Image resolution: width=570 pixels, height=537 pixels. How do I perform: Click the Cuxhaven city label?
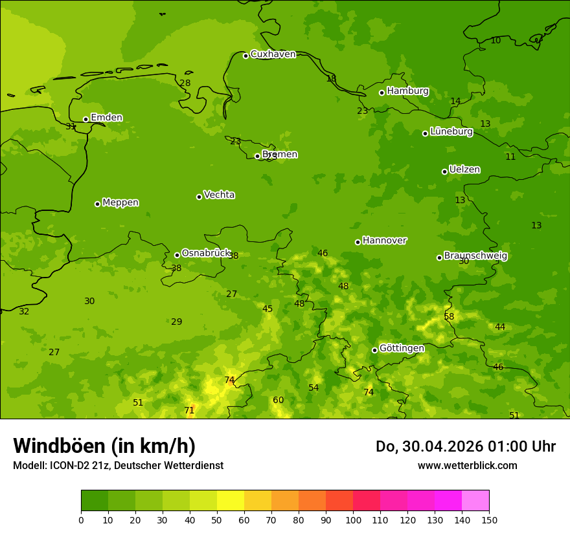pos(273,54)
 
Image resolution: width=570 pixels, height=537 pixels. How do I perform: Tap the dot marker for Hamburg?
pos(382,93)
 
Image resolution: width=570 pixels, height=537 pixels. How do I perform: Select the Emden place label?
pos(106,118)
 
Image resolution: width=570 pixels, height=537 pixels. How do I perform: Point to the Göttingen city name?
pos(402,349)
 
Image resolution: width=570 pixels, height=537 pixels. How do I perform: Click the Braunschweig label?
pos(475,256)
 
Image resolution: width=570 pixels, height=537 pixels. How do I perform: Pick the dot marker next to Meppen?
pos(97,204)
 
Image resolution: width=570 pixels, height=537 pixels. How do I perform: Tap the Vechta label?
pos(219,195)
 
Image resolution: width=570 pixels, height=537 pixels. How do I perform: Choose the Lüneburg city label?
pos(451,131)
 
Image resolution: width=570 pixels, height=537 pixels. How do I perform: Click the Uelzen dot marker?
pos(444,171)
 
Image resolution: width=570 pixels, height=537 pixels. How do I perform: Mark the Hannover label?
pos(384,241)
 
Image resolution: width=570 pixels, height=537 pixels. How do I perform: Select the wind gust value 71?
pos(189,411)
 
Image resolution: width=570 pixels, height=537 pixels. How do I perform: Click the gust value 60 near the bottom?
pos(278,400)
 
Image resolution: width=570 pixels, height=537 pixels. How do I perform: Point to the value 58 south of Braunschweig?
pos(449,317)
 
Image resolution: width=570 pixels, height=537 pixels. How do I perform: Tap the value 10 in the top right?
pos(496,41)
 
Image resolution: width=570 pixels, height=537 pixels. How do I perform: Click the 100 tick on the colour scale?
pos(353,520)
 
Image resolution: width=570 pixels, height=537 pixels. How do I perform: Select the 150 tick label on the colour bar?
pos(489,520)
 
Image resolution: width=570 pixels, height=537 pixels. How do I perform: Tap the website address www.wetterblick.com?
pos(467,466)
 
